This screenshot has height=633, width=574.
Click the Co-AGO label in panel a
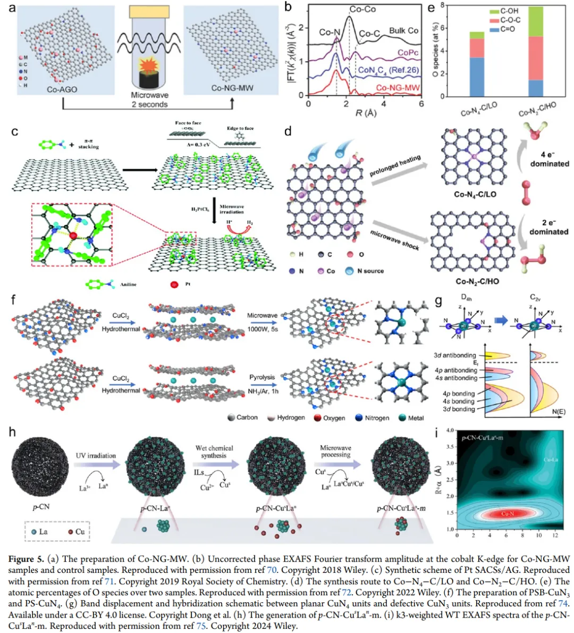click(x=62, y=89)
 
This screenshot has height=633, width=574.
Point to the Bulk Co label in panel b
click(x=403, y=31)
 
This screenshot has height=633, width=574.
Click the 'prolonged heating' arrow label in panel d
click(x=395, y=165)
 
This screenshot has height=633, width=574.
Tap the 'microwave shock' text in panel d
click(x=394, y=240)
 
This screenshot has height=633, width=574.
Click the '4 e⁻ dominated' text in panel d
click(x=549, y=159)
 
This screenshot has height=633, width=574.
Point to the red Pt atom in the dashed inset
click(x=73, y=235)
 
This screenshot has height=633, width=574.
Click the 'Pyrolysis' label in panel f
click(x=263, y=377)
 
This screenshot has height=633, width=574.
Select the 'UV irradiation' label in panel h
click(x=96, y=455)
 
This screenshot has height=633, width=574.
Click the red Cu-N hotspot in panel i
click(x=508, y=513)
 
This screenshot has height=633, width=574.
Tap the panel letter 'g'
click(x=438, y=301)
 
